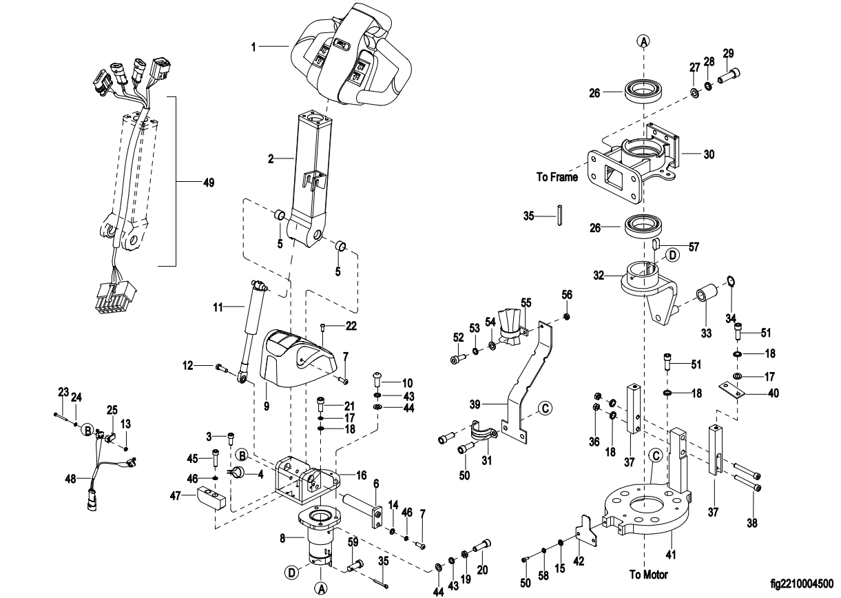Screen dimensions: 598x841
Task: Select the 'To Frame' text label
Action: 557,177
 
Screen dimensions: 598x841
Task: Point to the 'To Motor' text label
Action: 649,573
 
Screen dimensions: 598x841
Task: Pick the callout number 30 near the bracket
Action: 709,154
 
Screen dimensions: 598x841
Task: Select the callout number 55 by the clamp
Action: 526,302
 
